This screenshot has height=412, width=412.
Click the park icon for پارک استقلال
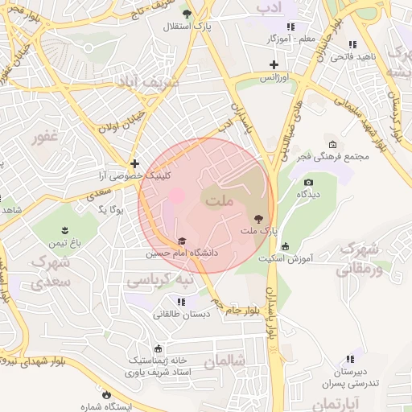point(187,14)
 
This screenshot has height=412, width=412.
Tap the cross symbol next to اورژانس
point(274,64)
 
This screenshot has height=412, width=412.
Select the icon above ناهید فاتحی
point(352,44)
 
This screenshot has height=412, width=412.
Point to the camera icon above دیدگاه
point(308,183)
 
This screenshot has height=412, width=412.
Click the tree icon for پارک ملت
point(258,218)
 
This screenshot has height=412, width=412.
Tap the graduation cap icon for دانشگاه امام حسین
point(181,241)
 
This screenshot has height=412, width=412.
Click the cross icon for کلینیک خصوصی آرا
point(134,163)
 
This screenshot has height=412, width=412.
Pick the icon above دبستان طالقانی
point(181,302)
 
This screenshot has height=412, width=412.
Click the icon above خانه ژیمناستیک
point(158,348)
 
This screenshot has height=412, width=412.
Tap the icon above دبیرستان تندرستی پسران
point(350,359)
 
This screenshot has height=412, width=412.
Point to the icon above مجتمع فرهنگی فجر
point(332,144)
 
